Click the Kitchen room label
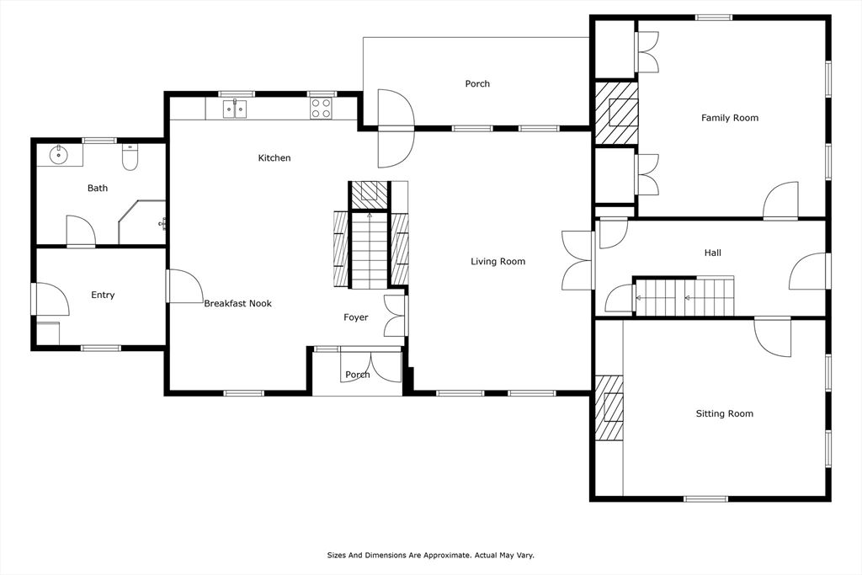[x=274, y=158]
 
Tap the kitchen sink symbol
[x=235, y=109]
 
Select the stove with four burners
[x=321, y=108]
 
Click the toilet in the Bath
[x=130, y=157]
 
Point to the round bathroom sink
[x=59, y=154]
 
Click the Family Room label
[x=730, y=118]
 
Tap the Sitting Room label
[x=724, y=413]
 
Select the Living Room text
[x=498, y=262]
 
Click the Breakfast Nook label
[x=237, y=303]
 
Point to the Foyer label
[x=355, y=317]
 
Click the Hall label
[x=712, y=253]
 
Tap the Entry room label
[x=103, y=295]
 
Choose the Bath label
[x=98, y=189]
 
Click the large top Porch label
[x=477, y=83]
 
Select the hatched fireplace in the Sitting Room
[x=610, y=407]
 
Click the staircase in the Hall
[x=684, y=296]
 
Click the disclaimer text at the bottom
[x=431, y=556]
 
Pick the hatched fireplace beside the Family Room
[x=616, y=113]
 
